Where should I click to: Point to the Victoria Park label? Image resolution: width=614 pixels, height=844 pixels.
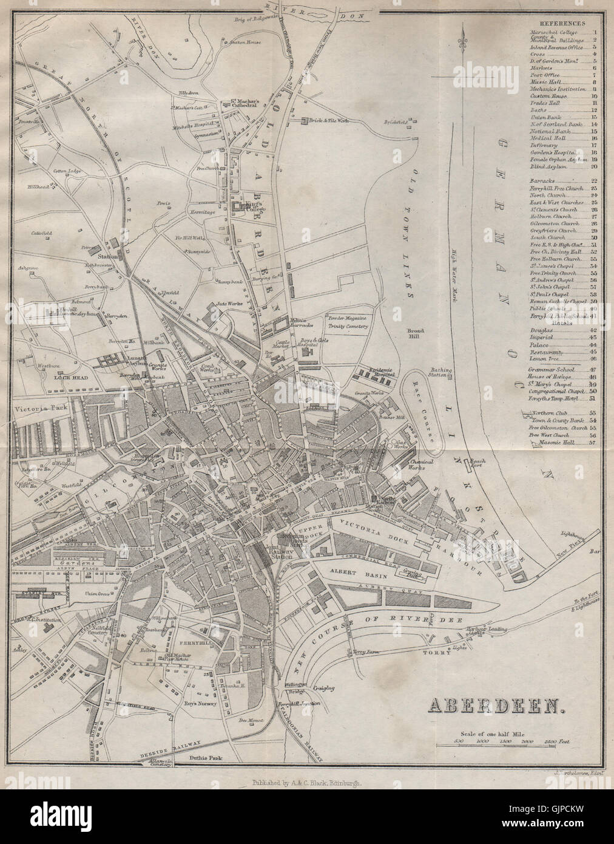point(38,408)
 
